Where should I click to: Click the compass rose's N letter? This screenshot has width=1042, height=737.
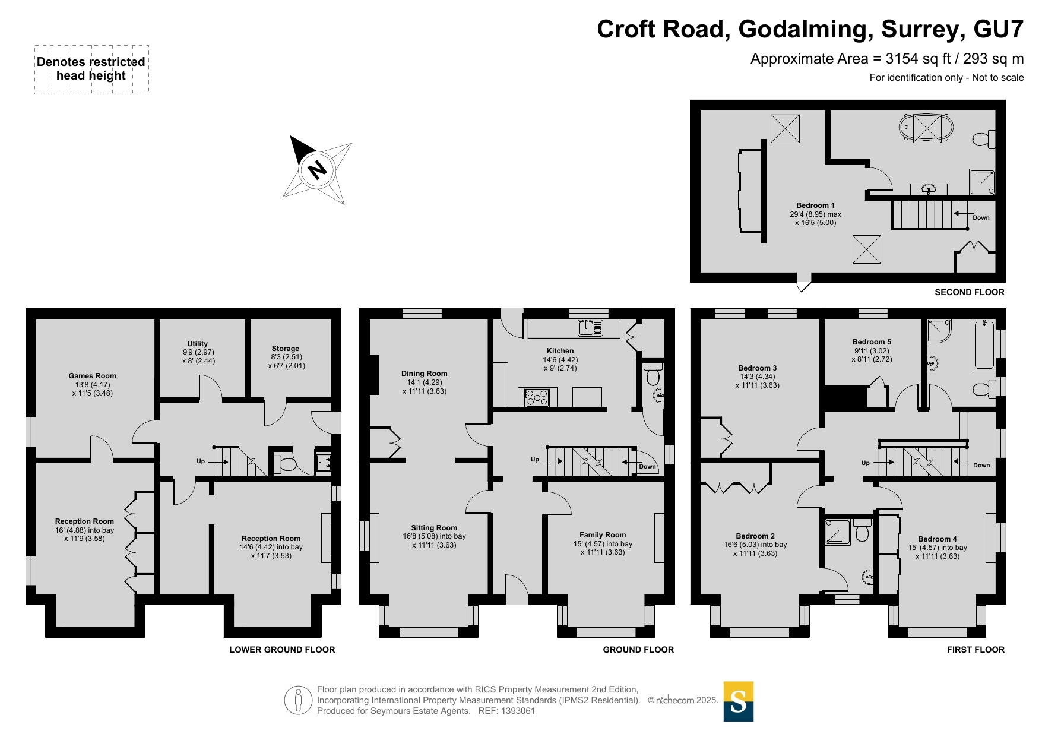tap(318, 170)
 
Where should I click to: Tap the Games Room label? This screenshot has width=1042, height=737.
tap(92, 375)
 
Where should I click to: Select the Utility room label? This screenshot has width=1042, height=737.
tap(198, 343)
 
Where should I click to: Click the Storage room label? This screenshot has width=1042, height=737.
tap(286, 349)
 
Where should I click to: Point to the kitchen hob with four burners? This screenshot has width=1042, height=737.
tap(537, 397)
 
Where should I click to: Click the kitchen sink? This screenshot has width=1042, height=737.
tap(590, 327)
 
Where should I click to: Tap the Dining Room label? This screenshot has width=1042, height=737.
tap(424, 374)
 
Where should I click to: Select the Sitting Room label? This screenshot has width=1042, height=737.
tap(434, 527)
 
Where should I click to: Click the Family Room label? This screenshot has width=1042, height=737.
tap(603, 534)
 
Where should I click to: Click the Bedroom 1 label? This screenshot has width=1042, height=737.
tap(815, 205)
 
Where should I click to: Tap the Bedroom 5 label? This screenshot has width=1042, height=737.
tap(872, 342)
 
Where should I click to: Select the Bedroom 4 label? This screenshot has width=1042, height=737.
tap(938, 539)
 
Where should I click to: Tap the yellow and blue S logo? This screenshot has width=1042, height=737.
tap(738, 701)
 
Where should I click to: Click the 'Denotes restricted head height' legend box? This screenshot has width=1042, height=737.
tap(91, 69)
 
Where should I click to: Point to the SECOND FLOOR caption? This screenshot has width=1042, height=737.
tap(970, 292)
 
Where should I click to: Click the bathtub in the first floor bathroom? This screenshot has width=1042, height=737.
tap(984, 344)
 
